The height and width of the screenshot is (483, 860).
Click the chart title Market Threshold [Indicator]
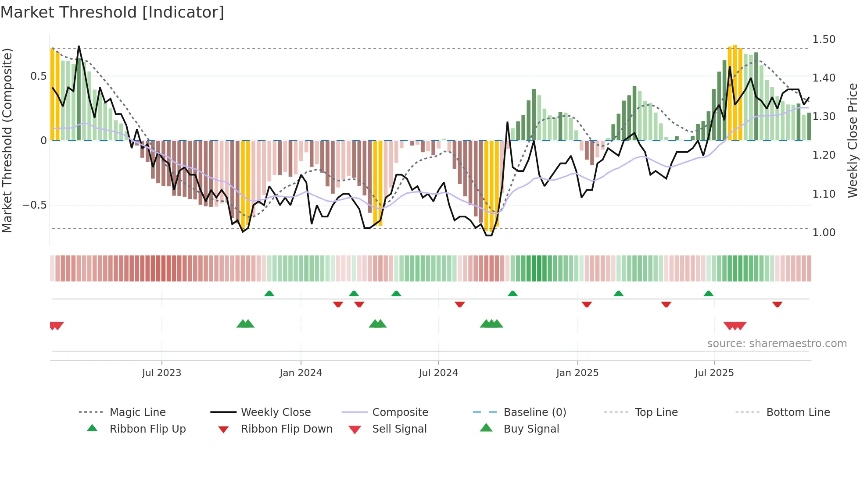(x=112, y=12)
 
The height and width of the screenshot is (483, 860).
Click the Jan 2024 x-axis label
(x=301, y=373)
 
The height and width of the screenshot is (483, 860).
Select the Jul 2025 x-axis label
(x=714, y=373)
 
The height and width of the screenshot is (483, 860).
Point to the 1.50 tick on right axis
(x=824, y=39)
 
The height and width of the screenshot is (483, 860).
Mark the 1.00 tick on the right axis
(x=824, y=233)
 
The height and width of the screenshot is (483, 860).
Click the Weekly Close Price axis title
(x=852, y=140)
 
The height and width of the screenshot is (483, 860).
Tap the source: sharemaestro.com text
(x=777, y=344)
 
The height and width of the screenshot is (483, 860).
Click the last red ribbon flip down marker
(x=777, y=304)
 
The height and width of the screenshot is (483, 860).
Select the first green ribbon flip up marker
(x=269, y=294)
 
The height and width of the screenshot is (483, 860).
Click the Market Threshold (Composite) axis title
(x=7, y=140)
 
